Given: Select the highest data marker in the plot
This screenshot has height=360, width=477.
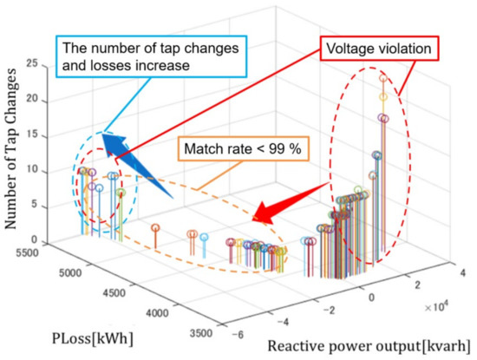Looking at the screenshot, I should coord(382,79).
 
